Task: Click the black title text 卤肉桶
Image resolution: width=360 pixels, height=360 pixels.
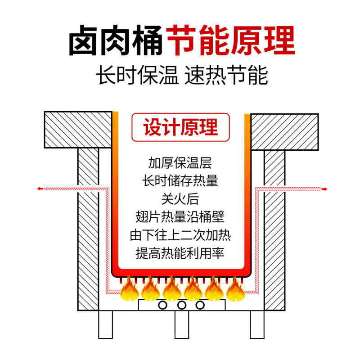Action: tap(116, 41)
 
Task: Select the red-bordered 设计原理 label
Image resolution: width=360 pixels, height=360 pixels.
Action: tap(180, 127)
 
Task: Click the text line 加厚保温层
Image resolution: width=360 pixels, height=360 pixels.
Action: tap(180, 162)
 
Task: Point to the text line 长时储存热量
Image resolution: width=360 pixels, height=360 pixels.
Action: tap(180, 180)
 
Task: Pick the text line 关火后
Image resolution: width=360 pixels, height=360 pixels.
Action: tap(180, 198)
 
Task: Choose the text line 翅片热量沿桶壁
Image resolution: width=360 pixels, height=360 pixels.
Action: tap(180, 216)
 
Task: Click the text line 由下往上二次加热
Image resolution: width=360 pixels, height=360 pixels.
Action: tap(180, 234)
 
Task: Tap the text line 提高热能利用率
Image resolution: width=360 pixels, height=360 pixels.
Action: tap(180, 253)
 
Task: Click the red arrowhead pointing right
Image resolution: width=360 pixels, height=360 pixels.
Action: tap(324, 189)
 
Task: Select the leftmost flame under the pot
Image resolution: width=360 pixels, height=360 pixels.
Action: tap(129, 290)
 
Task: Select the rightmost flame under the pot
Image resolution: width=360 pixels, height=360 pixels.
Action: tap(235, 290)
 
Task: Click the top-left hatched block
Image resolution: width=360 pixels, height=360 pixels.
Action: tap(78, 130)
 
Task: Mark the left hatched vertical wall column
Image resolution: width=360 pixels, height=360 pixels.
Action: tap(88, 227)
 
